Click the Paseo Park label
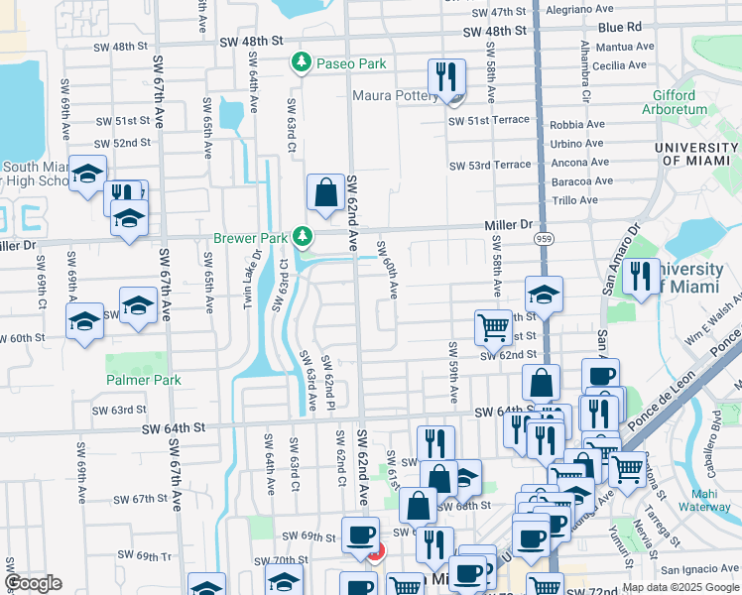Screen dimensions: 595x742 (351, 63)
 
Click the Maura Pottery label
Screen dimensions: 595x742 (396, 96)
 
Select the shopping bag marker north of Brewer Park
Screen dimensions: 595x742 (326, 193)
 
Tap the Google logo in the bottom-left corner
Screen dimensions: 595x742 (34, 583)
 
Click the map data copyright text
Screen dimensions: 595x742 (680, 587)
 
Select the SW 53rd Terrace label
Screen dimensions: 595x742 (490, 166)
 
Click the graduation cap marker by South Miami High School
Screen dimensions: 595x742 (88, 174)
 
